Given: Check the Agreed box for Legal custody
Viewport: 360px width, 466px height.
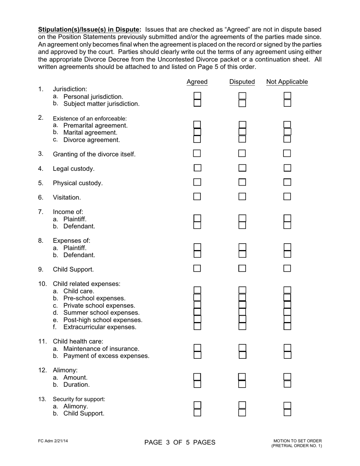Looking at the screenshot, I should tap(197, 168).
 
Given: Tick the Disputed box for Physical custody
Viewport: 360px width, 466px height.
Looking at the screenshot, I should tap(242, 182).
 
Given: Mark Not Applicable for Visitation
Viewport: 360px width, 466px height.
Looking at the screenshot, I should tap(287, 197).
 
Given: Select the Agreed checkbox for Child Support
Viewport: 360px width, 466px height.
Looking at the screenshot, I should tap(197, 269).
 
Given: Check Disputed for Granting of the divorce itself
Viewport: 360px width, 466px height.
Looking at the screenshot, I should tap(242, 153).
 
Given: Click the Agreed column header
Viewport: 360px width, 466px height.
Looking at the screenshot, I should tap(197, 82).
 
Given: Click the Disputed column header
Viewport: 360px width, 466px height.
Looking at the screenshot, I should tap(242, 82).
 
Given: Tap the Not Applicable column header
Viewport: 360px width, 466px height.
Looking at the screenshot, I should tap(287, 82).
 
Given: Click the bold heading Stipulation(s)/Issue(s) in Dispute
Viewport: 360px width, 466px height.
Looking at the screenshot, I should tap(89, 30).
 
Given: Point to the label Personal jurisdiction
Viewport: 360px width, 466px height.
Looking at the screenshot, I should tap(93, 96).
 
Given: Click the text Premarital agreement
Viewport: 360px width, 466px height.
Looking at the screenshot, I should tap(95, 125).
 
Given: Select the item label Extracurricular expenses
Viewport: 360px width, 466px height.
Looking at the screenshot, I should tap(100, 327).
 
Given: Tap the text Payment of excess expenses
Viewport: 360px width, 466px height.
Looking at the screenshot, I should tap(106, 356).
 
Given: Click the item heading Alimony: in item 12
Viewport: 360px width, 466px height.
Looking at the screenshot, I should tap(65, 370).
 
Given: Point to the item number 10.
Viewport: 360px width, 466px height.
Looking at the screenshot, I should tap(42, 284).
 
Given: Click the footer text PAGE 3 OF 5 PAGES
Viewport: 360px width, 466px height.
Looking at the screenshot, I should tap(180, 443).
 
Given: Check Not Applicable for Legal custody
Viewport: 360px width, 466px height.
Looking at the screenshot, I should tap(287, 168).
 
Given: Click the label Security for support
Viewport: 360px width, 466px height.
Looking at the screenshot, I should tap(79, 399).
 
